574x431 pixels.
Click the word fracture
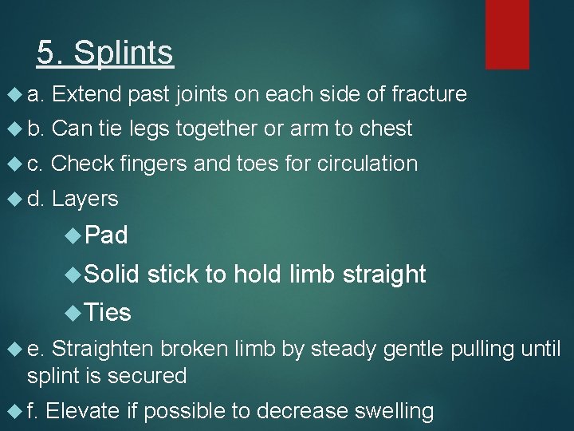click(429, 94)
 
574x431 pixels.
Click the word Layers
click(85, 199)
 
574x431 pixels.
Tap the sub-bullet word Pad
click(105, 235)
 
